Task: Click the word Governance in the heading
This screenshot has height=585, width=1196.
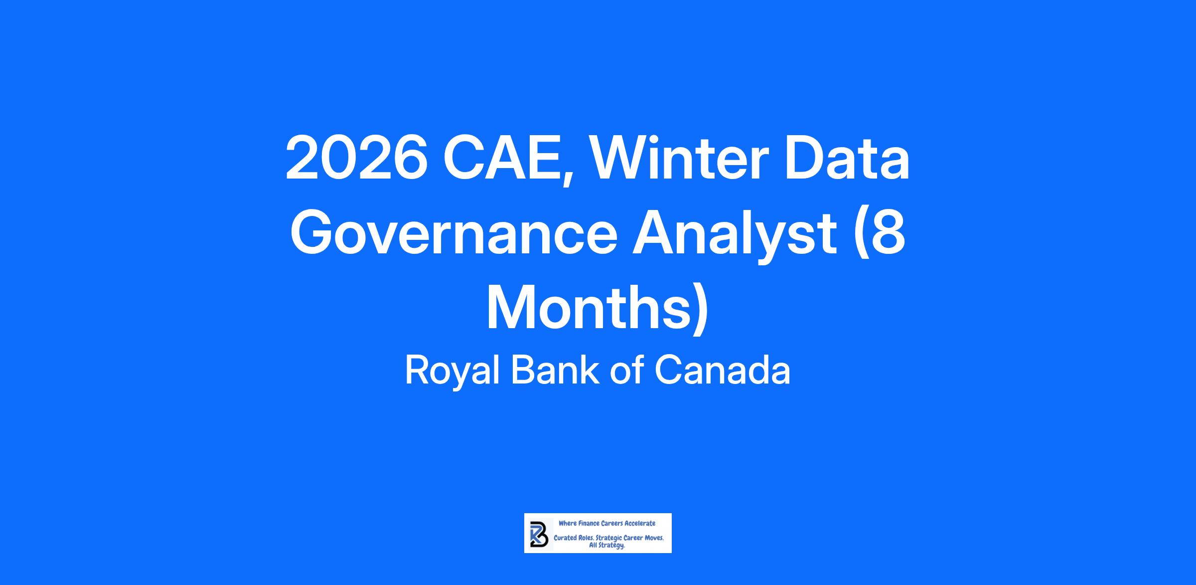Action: [x=453, y=233]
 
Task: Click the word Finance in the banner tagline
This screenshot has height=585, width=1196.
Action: [x=589, y=524]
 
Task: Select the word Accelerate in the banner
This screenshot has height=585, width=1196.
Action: [x=640, y=524]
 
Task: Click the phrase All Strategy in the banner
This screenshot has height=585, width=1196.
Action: [x=607, y=546]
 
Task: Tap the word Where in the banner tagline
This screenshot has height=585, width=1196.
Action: [x=567, y=524]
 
